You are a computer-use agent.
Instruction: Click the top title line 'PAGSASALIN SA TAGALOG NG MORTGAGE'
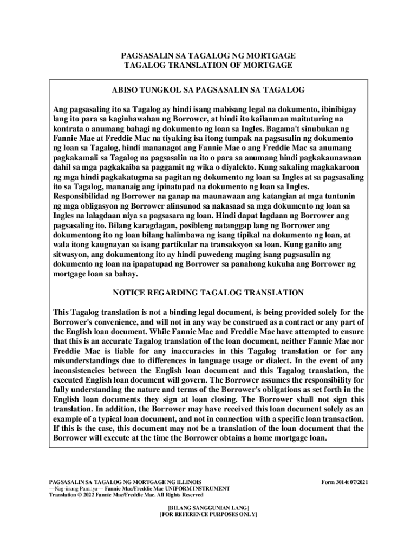coord(208,56)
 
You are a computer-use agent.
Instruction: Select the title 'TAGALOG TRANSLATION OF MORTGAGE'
coord(208,65)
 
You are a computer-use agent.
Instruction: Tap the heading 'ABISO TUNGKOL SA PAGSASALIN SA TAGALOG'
coord(208,89)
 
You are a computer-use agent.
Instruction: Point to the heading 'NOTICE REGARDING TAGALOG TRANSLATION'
coord(208,293)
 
